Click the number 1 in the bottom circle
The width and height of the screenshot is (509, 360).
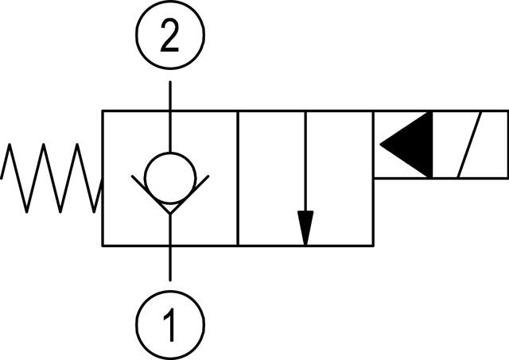coord(169,322)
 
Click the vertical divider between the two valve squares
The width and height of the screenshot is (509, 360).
coord(238,178)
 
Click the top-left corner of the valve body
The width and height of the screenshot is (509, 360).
coord(103,112)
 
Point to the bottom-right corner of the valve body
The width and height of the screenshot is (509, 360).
coord(373,245)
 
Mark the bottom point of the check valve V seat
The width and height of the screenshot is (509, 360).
coord(169,213)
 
